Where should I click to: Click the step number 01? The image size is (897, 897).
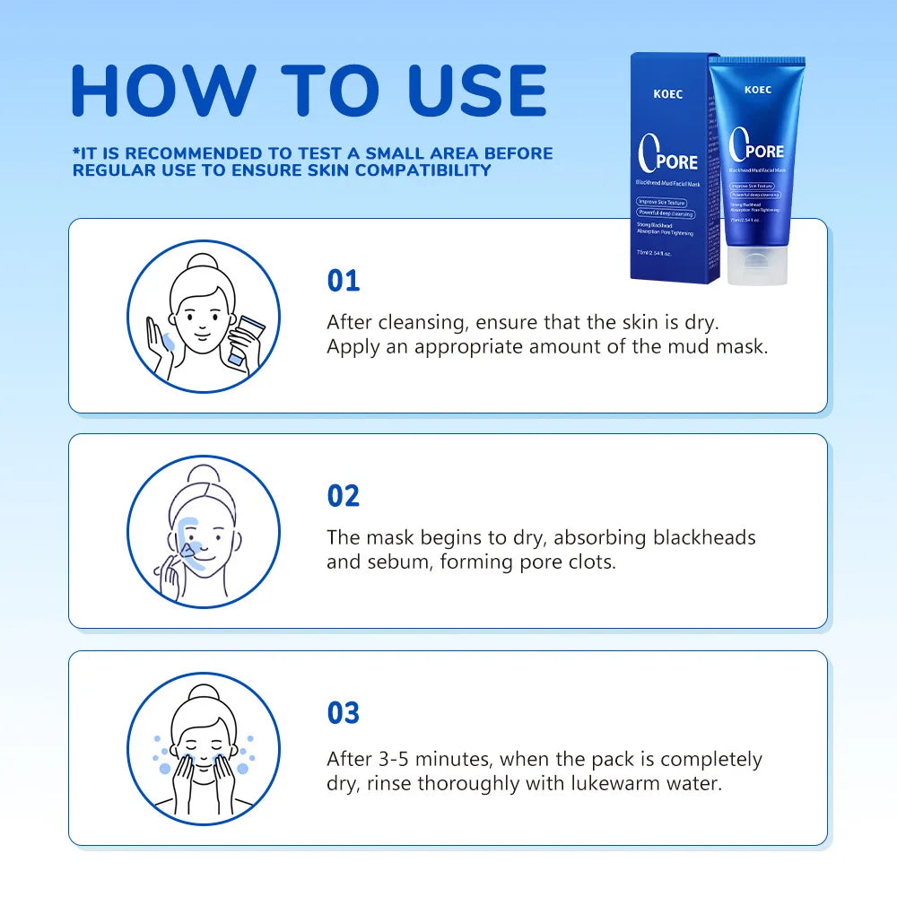343,281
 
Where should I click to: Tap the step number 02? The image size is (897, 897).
343,496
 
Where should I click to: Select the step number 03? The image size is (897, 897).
343,713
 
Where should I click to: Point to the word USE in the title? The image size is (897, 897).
477,91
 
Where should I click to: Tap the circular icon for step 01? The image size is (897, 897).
204,316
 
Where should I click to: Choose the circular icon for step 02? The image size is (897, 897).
204,532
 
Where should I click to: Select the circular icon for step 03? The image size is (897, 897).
204,749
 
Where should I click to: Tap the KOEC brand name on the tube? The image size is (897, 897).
758,90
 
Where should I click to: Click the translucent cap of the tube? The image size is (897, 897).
756,266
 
